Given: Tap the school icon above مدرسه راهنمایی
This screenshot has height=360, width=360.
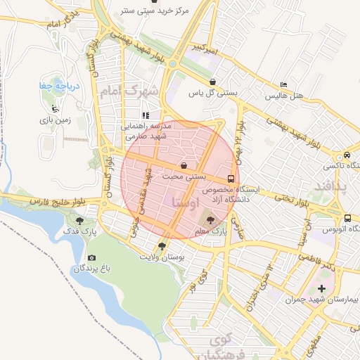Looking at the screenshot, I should pos(146,115).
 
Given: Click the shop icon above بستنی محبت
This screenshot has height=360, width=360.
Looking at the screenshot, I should pos(184,166).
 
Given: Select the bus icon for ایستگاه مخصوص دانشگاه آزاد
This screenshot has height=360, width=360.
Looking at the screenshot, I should pos(231,178).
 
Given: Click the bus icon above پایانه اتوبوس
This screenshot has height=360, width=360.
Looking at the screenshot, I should pos(347,217).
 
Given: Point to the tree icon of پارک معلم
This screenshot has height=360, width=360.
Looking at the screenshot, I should pos(214,221).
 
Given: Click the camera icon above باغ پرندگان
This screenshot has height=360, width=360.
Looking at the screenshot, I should pos(91,258).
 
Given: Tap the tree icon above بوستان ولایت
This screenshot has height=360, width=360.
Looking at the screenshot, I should pos(162,246).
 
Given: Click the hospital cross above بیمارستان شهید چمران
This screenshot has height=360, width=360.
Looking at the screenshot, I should pos(322,288).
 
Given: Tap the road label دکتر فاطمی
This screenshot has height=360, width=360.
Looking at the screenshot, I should pos(318,262).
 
